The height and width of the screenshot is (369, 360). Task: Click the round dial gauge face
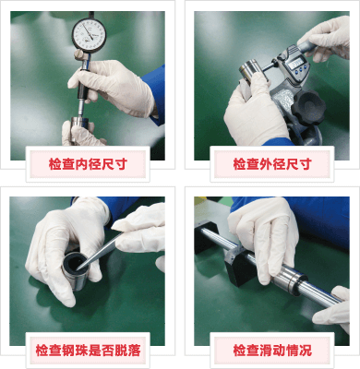point(90,33)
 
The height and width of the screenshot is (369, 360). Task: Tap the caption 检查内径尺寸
point(88,164)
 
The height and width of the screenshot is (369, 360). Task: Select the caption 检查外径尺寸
point(272,164)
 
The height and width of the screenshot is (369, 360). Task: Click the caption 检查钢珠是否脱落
point(88,351)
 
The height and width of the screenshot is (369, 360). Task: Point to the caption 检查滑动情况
point(272,351)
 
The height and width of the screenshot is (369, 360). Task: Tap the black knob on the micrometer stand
point(308,106)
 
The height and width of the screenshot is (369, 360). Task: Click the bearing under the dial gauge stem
point(80,126)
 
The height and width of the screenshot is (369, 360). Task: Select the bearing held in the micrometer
point(252,70)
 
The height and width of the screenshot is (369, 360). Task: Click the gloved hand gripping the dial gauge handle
point(114,87)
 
